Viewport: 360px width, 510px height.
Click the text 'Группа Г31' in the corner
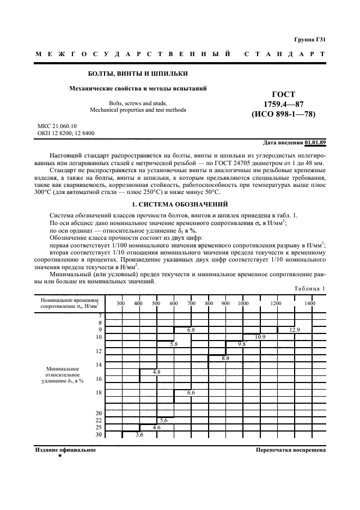point(310,39)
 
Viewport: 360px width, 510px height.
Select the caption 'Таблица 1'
point(309,288)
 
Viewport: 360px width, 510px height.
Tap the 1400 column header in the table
point(309,303)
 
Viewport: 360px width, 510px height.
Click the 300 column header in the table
point(121,303)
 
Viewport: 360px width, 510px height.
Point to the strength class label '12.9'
point(295,330)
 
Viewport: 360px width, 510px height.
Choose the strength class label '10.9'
point(260,337)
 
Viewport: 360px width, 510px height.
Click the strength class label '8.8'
point(225,359)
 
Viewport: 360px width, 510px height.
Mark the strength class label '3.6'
point(139,435)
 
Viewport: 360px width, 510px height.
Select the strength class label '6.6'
point(191,392)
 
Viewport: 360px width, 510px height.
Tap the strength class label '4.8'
point(156,372)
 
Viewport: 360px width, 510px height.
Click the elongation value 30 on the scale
point(99,435)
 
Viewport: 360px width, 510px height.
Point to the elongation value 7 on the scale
point(100,316)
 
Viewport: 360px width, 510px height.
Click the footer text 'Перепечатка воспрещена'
point(290,451)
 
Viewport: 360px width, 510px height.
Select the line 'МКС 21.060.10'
point(57,125)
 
